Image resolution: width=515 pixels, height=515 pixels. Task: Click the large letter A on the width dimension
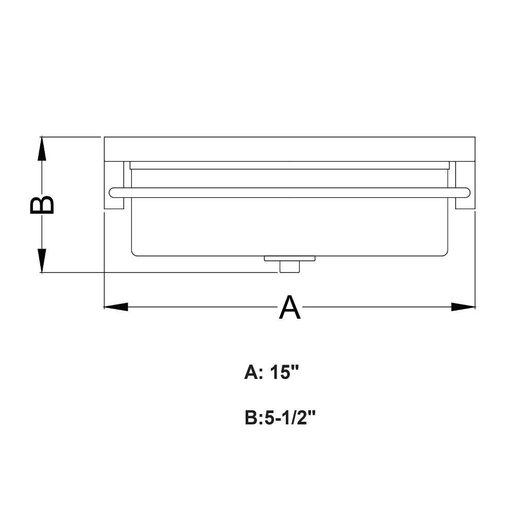coord(289,307)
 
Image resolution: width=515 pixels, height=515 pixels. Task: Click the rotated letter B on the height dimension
coord(42,205)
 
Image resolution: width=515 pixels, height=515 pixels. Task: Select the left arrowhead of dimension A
coord(116,307)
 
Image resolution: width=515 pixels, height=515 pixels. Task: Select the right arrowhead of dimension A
coord(463,307)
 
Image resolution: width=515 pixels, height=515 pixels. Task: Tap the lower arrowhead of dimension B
coord(42,261)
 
